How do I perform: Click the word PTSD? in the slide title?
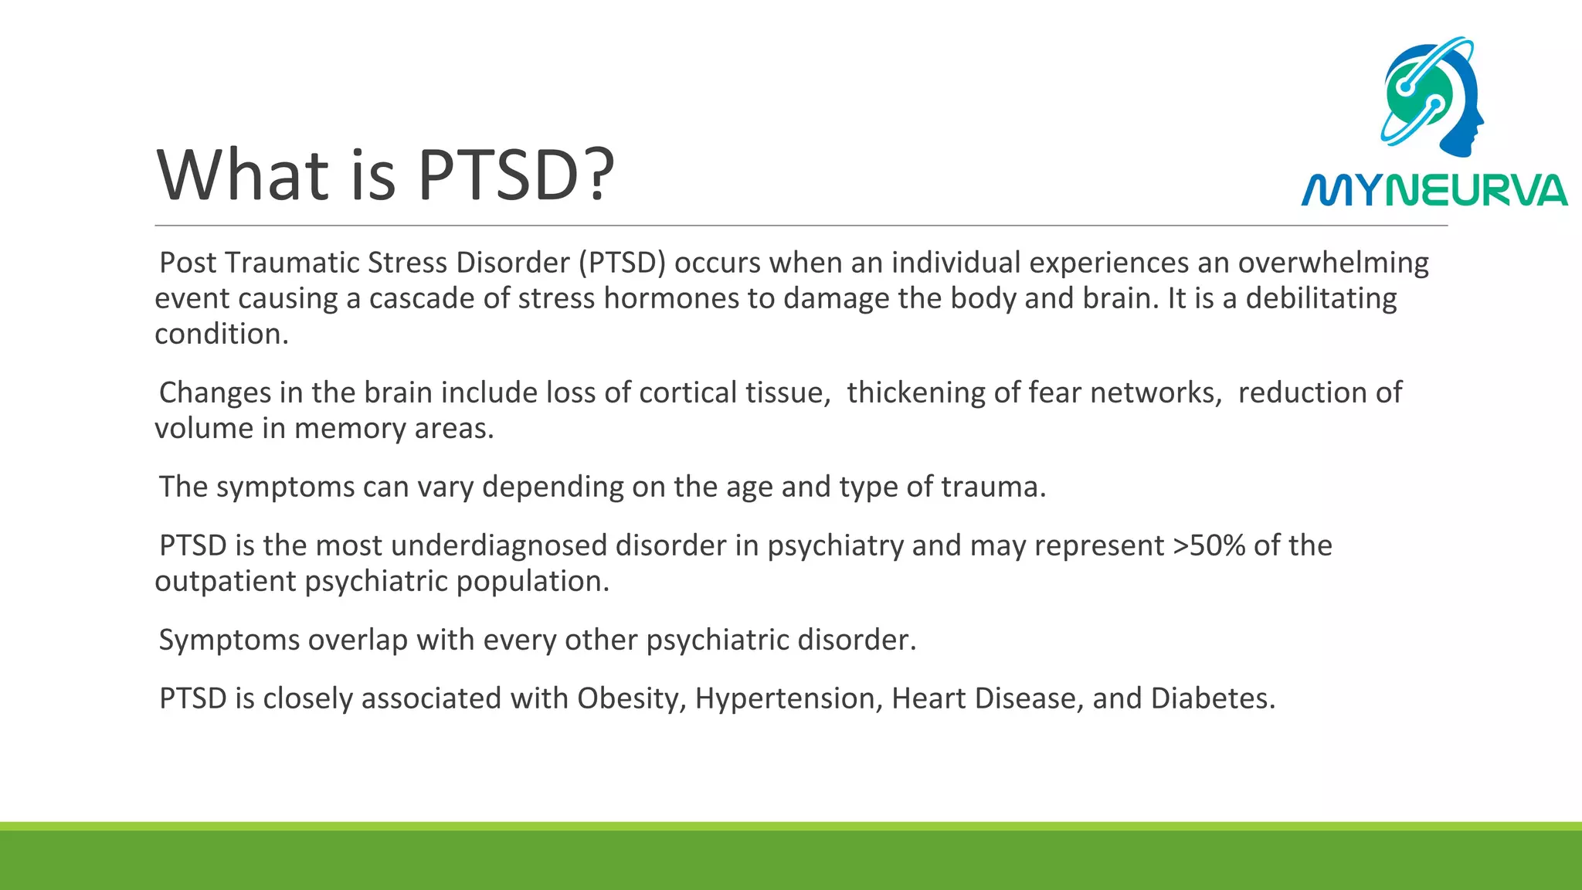pyautogui.click(x=516, y=175)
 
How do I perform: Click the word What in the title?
pyautogui.click(x=243, y=175)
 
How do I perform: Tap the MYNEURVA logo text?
pyautogui.click(x=1434, y=191)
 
